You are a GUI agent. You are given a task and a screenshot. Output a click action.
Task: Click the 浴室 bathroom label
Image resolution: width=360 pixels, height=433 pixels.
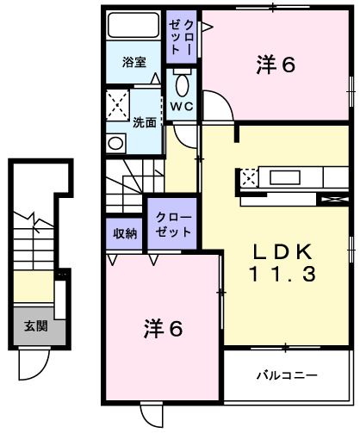click(x=133, y=62)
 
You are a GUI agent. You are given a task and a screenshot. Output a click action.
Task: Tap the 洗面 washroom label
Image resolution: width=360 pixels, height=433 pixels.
click(x=145, y=122)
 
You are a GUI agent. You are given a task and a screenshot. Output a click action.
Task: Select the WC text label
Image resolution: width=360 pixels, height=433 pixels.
click(x=181, y=107)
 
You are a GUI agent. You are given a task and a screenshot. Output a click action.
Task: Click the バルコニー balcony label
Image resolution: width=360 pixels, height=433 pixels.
click(x=287, y=376)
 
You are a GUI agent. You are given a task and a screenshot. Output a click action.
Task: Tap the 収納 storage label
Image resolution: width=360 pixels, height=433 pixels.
click(x=125, y=233)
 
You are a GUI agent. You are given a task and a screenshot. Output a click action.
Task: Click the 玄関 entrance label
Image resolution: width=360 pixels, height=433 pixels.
click(x=35, y=325)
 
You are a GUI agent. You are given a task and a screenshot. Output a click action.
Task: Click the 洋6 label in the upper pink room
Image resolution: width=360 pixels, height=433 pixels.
click(x=275, y=63)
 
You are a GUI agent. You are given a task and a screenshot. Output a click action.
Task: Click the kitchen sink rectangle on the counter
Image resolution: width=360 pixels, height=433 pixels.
click(x=293, y=179)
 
